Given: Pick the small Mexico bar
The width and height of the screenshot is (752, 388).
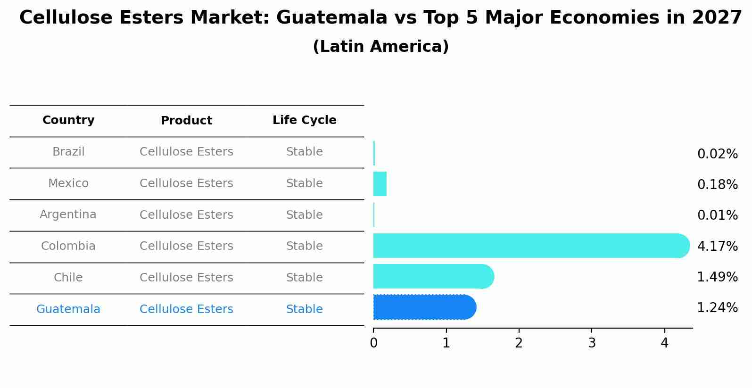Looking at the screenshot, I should (x=380, y=184).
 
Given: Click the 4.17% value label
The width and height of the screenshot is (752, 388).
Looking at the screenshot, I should (x=717, y=246).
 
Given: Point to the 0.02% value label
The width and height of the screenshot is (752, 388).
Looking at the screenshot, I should (x=717, y=154).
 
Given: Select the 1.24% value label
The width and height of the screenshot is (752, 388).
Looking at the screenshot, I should (x=717, y=308).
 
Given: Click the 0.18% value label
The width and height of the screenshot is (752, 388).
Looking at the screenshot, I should (x=717, y=185).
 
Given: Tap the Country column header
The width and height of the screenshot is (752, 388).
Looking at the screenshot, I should (x=68, y=120).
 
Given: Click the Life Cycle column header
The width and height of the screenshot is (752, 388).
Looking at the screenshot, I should (x=304, y=120).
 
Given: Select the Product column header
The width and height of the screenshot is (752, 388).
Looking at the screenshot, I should (x=186, y=121).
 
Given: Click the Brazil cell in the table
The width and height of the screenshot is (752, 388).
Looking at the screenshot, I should (x=68, y=152).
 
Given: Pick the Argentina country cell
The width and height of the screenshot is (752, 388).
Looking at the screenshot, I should (x=68, y=215).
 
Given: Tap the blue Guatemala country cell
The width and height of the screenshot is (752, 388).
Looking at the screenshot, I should (x=68, y=309).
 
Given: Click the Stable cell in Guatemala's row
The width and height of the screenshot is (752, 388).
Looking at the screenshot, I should (x=304, y=309).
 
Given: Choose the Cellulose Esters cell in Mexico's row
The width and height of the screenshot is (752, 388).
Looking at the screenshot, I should (x=186, y=183).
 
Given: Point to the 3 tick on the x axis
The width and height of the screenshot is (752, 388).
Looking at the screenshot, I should (x=592, y=343).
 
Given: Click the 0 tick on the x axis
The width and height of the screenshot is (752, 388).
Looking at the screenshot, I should (x=373, y=343).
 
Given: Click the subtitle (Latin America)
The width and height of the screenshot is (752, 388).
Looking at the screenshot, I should (x=380, y=47).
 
